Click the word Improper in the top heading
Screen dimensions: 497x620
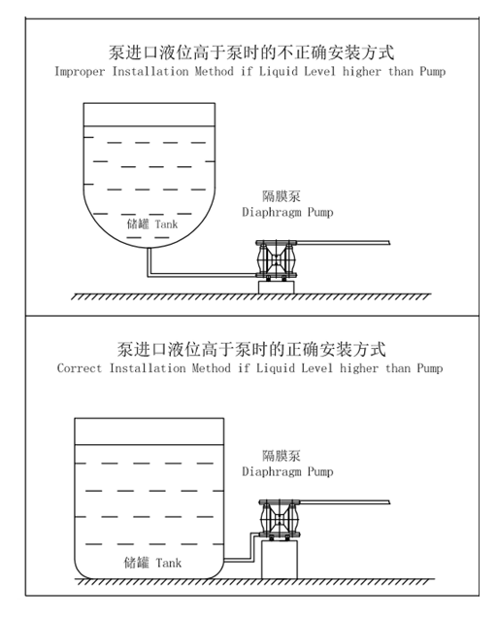80,72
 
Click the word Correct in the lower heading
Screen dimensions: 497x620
80,368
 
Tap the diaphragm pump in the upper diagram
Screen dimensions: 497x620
276,259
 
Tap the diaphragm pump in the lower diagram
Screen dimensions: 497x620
280,519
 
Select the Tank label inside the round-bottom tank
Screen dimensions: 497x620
166,224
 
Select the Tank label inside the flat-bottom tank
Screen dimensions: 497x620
169,563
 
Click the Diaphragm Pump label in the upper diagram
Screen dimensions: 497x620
287,212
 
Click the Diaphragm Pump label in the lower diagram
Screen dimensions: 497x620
287,471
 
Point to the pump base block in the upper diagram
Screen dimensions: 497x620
276,288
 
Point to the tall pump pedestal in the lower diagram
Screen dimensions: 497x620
280,560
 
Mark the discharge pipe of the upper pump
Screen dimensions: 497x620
343,242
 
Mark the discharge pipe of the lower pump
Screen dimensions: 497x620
346,501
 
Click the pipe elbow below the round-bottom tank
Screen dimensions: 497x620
149,274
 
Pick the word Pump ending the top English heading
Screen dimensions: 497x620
432,72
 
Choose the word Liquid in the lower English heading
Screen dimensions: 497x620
276,368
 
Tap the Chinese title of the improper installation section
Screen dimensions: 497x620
251,52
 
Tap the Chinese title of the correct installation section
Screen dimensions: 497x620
251,349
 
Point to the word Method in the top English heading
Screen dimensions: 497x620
215,72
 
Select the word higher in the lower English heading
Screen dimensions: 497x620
359,368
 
